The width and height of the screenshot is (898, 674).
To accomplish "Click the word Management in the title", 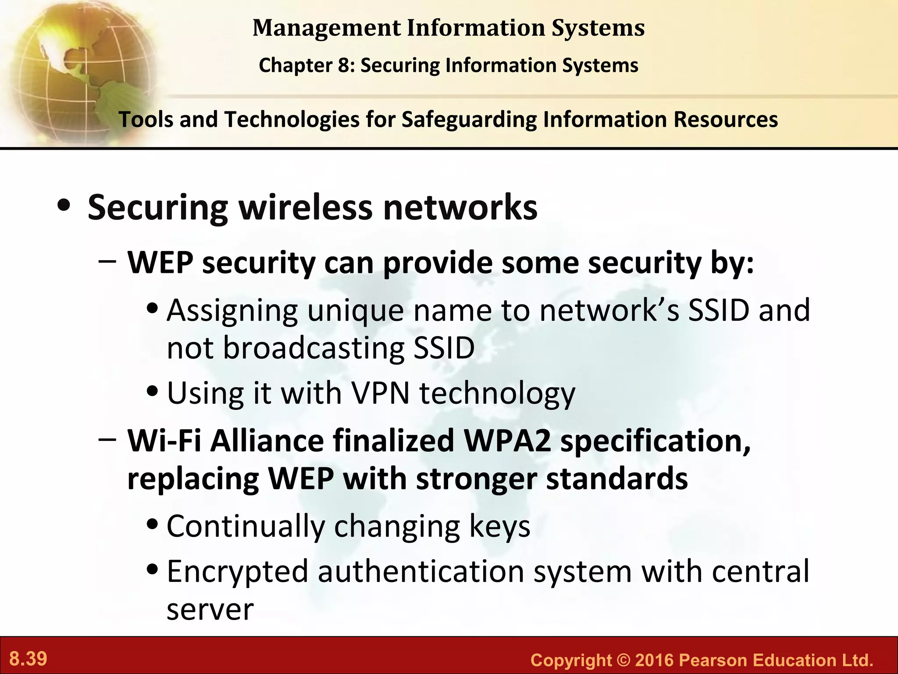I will click(x=326, y=28).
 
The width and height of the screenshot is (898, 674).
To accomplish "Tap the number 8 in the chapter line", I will click(x=343, y=66).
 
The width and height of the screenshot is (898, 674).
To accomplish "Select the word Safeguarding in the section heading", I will click(x=469, y=120).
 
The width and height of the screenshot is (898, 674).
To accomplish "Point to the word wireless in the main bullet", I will click(x=305, y=207).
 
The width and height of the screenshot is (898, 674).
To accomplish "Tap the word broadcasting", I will click(x=313, y=348).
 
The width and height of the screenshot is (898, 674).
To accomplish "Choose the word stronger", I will click(x=476, y=479).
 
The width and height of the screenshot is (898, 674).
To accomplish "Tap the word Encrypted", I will click(x=237, y=572).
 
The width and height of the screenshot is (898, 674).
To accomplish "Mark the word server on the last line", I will click(x=210, y=609).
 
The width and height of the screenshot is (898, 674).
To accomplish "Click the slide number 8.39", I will click(x=28, y=659).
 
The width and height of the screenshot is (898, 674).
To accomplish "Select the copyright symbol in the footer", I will click(x=623, y=660).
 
